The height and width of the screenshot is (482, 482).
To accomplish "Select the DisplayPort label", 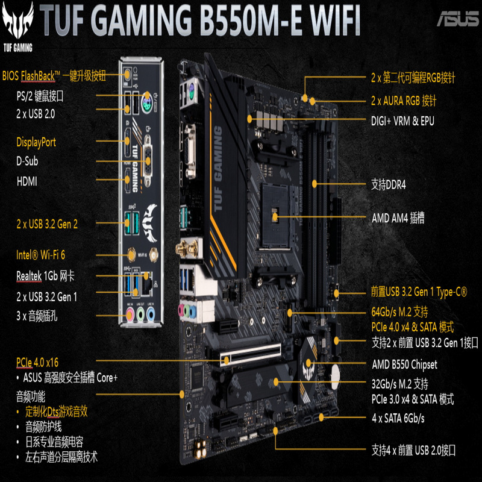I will coord(36,142).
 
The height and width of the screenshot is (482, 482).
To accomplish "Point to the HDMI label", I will coord(28,180).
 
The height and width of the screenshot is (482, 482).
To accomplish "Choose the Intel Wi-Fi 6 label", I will coord(40,255).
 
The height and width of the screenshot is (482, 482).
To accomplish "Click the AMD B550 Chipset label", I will coord(404,365).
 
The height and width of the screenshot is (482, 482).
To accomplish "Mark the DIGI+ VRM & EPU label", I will coord(402,120).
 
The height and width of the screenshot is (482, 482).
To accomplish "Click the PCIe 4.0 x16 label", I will coord(37,362).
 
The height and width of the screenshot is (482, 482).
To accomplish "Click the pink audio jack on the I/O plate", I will coord(130,314).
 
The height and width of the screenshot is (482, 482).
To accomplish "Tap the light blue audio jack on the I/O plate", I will coord(152,314).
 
